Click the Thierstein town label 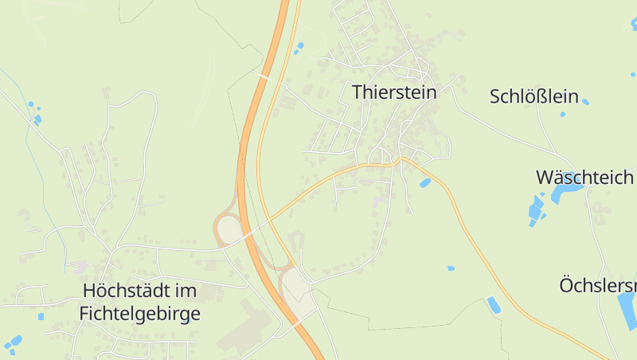(x=394, y=92)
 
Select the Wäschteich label (x=584, y=177)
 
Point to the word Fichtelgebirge (x=139, y=314)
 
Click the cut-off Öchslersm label (x=598, y=285)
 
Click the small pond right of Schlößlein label (x=585, y=102)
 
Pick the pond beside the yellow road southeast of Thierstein (x=424, y=183)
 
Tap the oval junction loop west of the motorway (x=229, y=230)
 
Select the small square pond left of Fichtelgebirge (x=41, y=316)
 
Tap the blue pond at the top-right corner (x=634, y=24)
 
